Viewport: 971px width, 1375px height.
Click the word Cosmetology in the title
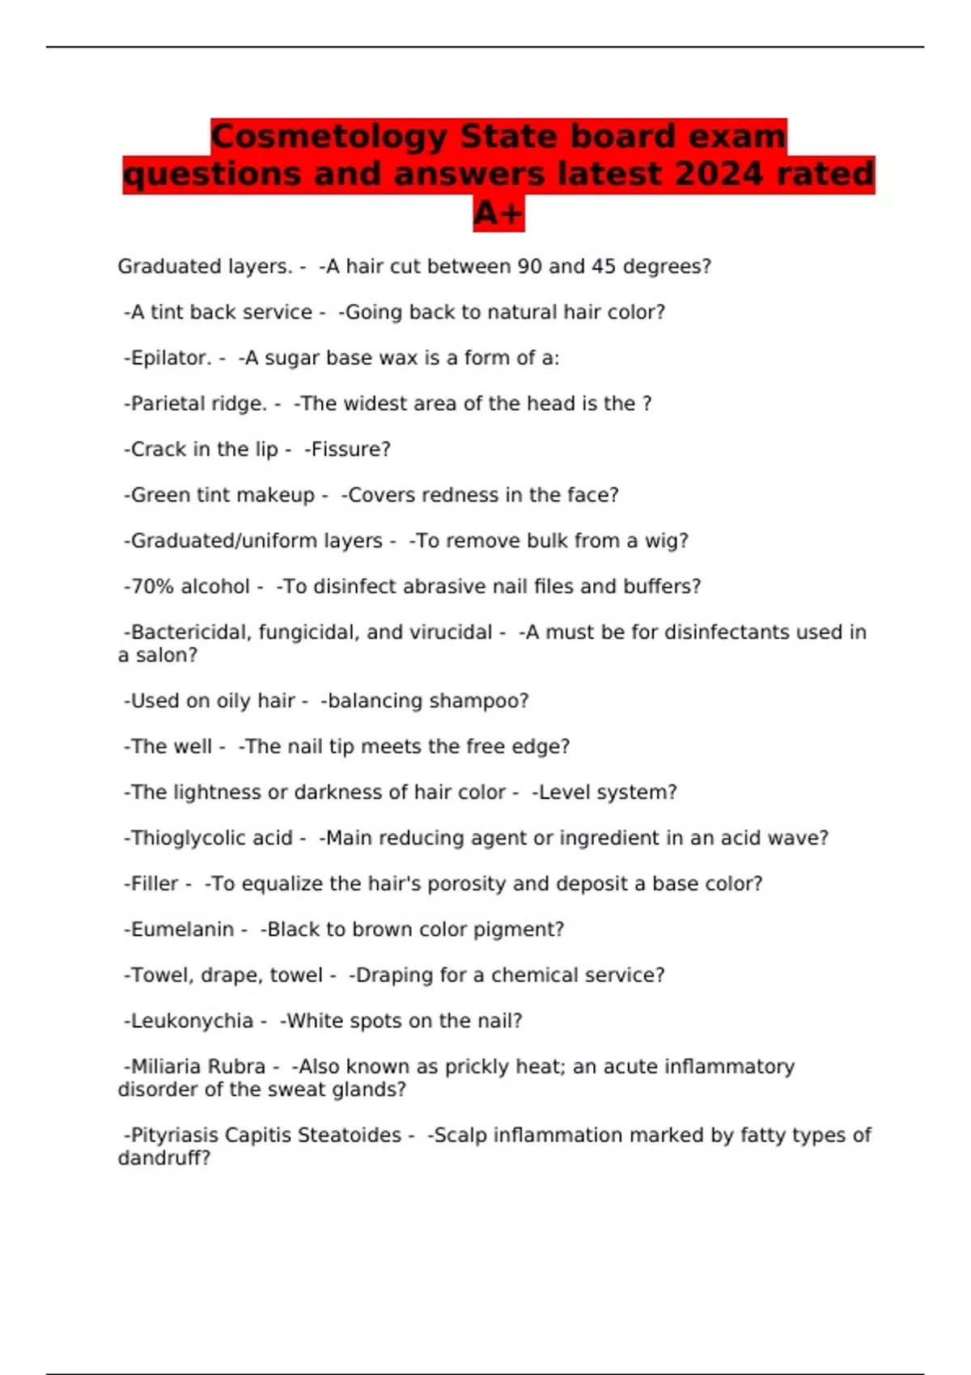click(329, 136)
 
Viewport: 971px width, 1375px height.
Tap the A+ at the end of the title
click(498, 214)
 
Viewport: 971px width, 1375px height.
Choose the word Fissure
click(349, 449)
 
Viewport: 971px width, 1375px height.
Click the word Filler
click(155, 884)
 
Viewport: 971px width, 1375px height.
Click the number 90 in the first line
click(529, 266)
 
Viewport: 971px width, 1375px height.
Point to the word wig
click(666, 540)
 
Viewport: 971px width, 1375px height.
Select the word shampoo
click(483, 700)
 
